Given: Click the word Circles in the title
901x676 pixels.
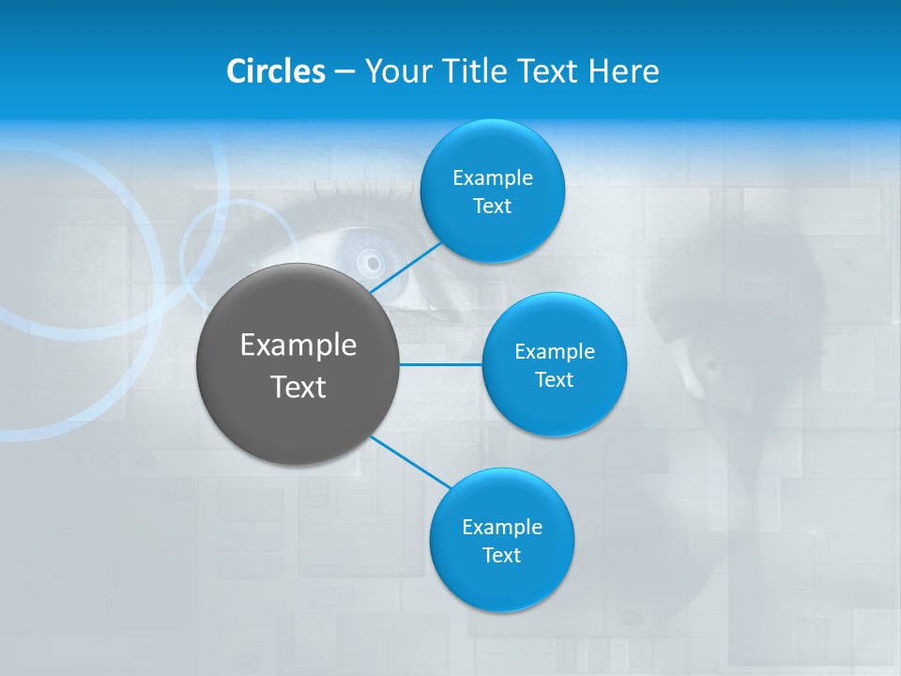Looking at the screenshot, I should pyautogui.click(x=275, y=71).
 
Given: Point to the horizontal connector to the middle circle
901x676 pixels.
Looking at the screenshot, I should pyautogui.click(x=441, y=364).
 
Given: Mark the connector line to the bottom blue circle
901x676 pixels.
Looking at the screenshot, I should pyautogui.click(x=411, y=462).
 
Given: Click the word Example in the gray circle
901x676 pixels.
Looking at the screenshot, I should pyautogui.click(x=298, y=346).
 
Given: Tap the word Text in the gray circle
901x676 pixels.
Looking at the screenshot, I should pyautogui.click(x=298, y=387).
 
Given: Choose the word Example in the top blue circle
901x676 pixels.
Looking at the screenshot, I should pyautogui.click(x=492, y=178).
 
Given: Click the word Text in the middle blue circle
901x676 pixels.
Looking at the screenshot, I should pyautogui.click(x=554, y=380).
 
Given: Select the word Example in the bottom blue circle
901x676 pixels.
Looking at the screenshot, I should pyautogui.click(x=501, y=528).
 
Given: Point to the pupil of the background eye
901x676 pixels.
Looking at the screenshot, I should pyautogui.click(x=373, y=262).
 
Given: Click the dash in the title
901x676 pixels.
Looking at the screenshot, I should pyautogui.click(x=344, y=72).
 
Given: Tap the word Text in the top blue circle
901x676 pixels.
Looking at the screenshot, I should pyautogui.click(x=492, y=207).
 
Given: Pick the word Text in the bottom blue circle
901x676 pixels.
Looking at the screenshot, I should pyautogui.click(x=501, y=556).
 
